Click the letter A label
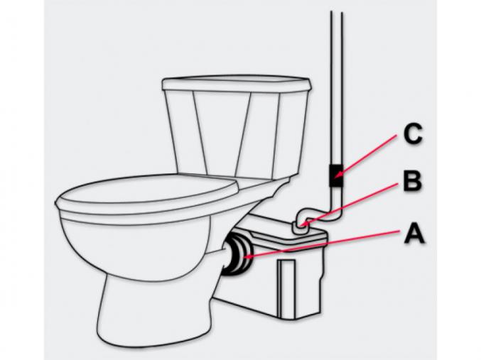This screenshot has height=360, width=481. click(x=414, y=234)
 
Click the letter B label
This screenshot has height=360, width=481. click(x=412, y=181)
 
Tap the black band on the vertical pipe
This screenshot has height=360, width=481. click(x=336, y=175)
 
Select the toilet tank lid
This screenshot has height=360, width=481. click(x=237, y=83)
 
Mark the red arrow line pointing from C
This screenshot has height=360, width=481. click(x=367, y=156)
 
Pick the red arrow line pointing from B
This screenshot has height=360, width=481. click(x=350, y=204)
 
